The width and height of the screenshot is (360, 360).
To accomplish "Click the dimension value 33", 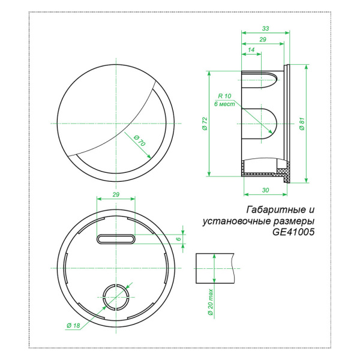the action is [265, 28].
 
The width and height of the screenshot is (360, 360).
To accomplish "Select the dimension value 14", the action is [251, 50].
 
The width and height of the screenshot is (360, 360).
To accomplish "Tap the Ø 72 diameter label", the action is [205, 124].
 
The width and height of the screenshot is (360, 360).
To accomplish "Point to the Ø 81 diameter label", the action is [302, 124].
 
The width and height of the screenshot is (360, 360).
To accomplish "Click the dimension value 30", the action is [265, 190].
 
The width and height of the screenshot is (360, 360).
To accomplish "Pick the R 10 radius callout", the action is [224, 96].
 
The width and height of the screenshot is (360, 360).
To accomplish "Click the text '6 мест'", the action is [224, 104].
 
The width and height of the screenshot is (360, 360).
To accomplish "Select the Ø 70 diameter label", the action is [140, 140].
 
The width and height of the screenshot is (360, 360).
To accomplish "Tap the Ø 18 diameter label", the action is [73, 325].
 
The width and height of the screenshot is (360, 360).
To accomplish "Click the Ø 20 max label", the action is [211, 302].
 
